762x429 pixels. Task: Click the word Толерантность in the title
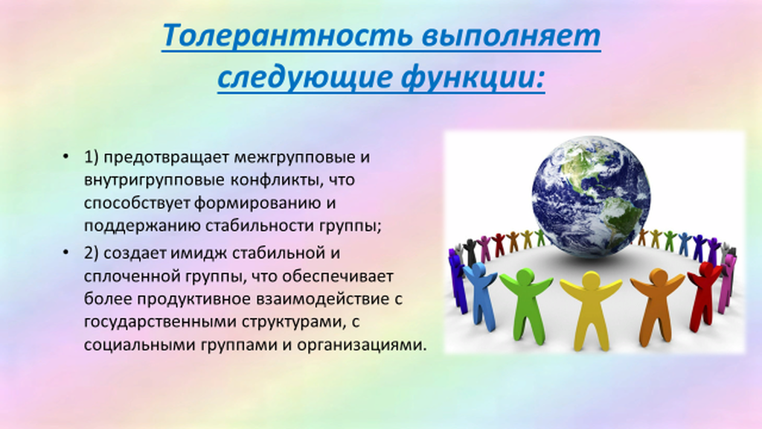[x=287, y=35]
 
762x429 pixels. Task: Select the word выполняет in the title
[x=511, y=35]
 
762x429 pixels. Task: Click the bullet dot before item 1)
[x=65, y=156]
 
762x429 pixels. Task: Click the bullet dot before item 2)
[x=65, y=252]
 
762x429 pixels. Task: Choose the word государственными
[x=161, y=322]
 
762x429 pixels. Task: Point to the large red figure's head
[x=705, y=268]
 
